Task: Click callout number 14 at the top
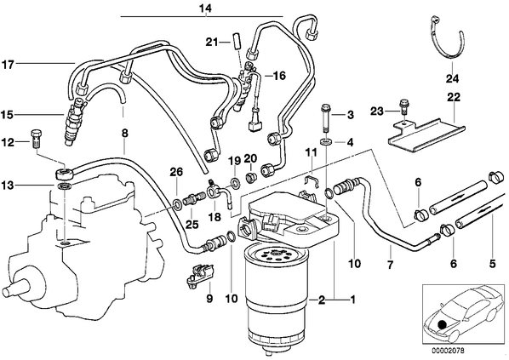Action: pos(205,9)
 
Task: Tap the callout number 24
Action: pos(452,78)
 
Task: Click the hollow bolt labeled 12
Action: pos(36,139)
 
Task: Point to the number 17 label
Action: pos(8,65)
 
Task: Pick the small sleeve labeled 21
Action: pos(236,40)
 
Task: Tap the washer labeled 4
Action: pos(325,141)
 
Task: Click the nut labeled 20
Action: pos(252,178)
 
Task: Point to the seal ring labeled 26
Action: pos(177,204)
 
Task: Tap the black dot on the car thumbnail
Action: pos(442,324)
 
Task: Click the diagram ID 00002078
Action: pos(448,351)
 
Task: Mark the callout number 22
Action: pos(454,97)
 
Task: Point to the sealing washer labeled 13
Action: pos(64,186)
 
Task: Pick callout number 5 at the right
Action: pos(492,263)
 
